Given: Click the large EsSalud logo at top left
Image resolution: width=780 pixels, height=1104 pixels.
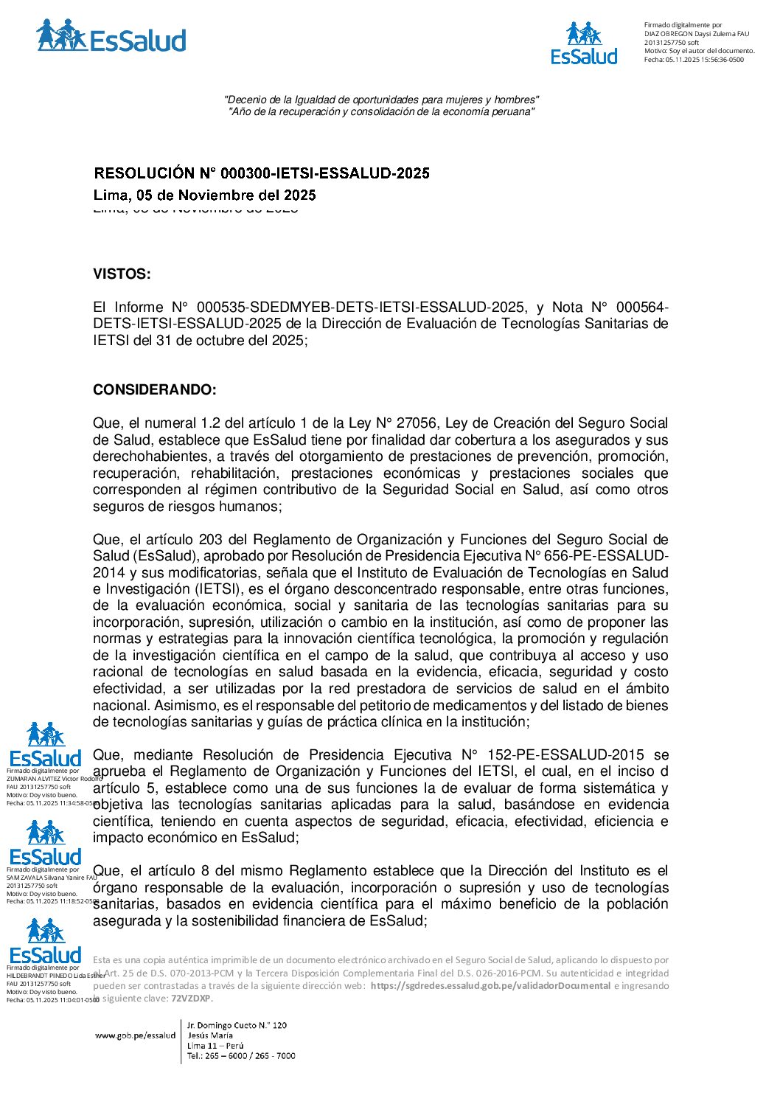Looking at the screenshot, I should coord(111,37).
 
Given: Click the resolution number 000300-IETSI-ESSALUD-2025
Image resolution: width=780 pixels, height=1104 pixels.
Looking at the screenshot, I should coord(314,173).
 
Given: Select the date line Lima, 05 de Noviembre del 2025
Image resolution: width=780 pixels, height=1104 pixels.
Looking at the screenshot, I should coord(204,195).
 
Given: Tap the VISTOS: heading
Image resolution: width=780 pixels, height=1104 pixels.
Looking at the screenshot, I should coord(122,274).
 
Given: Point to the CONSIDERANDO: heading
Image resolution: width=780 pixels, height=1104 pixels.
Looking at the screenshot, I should coord(155,390).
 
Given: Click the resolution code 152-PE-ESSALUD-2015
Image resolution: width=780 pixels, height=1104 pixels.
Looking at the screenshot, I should coord(566,755).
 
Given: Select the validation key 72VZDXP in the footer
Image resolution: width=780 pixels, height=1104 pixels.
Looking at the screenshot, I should coord(191,999).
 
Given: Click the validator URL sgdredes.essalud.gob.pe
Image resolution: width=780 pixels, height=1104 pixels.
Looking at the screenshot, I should coord(490,986).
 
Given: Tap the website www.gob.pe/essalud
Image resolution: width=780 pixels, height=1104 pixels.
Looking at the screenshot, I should coord(135,1035).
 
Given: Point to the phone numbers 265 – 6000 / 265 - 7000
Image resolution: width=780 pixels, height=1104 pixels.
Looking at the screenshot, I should coord(241,1056).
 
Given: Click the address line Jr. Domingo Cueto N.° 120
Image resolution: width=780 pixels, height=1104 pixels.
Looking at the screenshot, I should coord(237,1025).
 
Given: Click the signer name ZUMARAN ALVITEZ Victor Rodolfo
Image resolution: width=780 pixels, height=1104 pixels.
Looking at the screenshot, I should coord(53,779).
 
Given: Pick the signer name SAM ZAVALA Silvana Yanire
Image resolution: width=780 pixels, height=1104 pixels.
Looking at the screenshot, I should coord(50,878).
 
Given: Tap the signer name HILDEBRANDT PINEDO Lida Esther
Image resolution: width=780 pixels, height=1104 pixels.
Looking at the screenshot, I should coord(55,976).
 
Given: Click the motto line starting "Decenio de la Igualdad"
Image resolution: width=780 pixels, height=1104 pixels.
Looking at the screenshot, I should coord(381,100).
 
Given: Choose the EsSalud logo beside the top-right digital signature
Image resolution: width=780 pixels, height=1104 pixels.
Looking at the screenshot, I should coord(584,44).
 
